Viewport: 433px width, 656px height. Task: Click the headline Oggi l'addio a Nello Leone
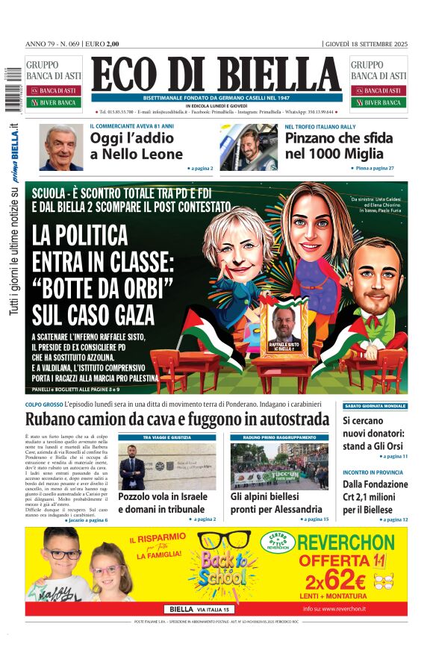pos(136,146)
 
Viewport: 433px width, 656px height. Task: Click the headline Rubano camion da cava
pos(177,419)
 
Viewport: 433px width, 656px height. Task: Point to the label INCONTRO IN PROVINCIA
pos(373,472)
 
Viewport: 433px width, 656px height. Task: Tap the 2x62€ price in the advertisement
pos(345,577)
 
